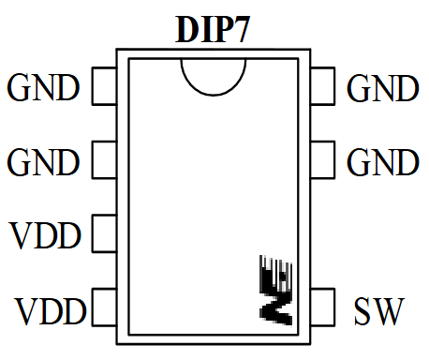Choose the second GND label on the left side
pyautogui.click(x=43, y=163)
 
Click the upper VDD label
pyautogui.click(x=46, y=233)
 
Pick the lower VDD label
pyautogui.click(x=51, y=308)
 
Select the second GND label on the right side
pyautogui.click(x=382, y=163)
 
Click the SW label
pyautogui.click(x=378, y=308)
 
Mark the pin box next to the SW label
pyautogui.click(x=321, y=306)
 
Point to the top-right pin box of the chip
pyautogui.click(x=321, y=85)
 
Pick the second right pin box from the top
pyautogui.click(x=321, y=158)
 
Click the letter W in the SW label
pyautogui.click(x=389, y=308)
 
